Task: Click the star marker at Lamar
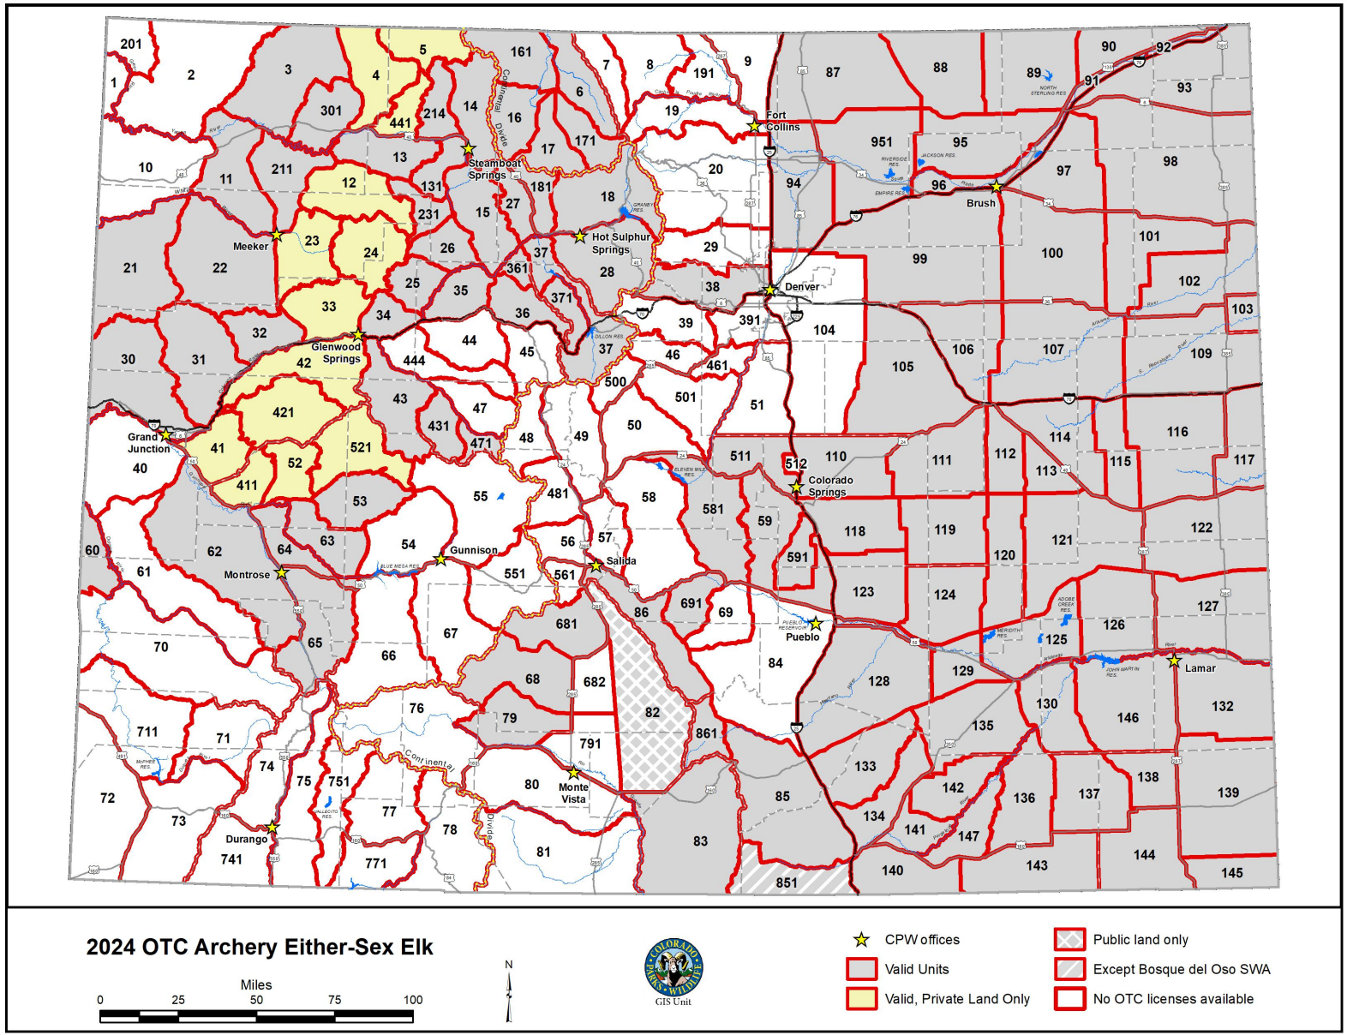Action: [1174, 661]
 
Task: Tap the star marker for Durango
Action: [272, 828]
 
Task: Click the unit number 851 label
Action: [787, 882]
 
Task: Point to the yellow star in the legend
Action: [861, 940]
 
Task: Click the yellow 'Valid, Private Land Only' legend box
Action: [861, 999]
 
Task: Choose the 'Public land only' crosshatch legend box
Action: [1069, 940]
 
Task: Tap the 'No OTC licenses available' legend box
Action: [1069, 999]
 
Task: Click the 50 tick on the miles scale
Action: [256, 1000]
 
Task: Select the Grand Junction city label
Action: [148, 443]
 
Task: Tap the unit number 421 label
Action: [284, 412]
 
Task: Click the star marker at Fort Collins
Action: [754, 127]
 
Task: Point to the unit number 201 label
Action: [131, 44]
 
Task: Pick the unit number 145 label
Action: [1231, 873]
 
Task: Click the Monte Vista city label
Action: [573, 793]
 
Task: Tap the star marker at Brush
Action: [997, 186]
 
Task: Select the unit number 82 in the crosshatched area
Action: [652, 712]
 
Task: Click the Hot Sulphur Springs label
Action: [620, 243]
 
